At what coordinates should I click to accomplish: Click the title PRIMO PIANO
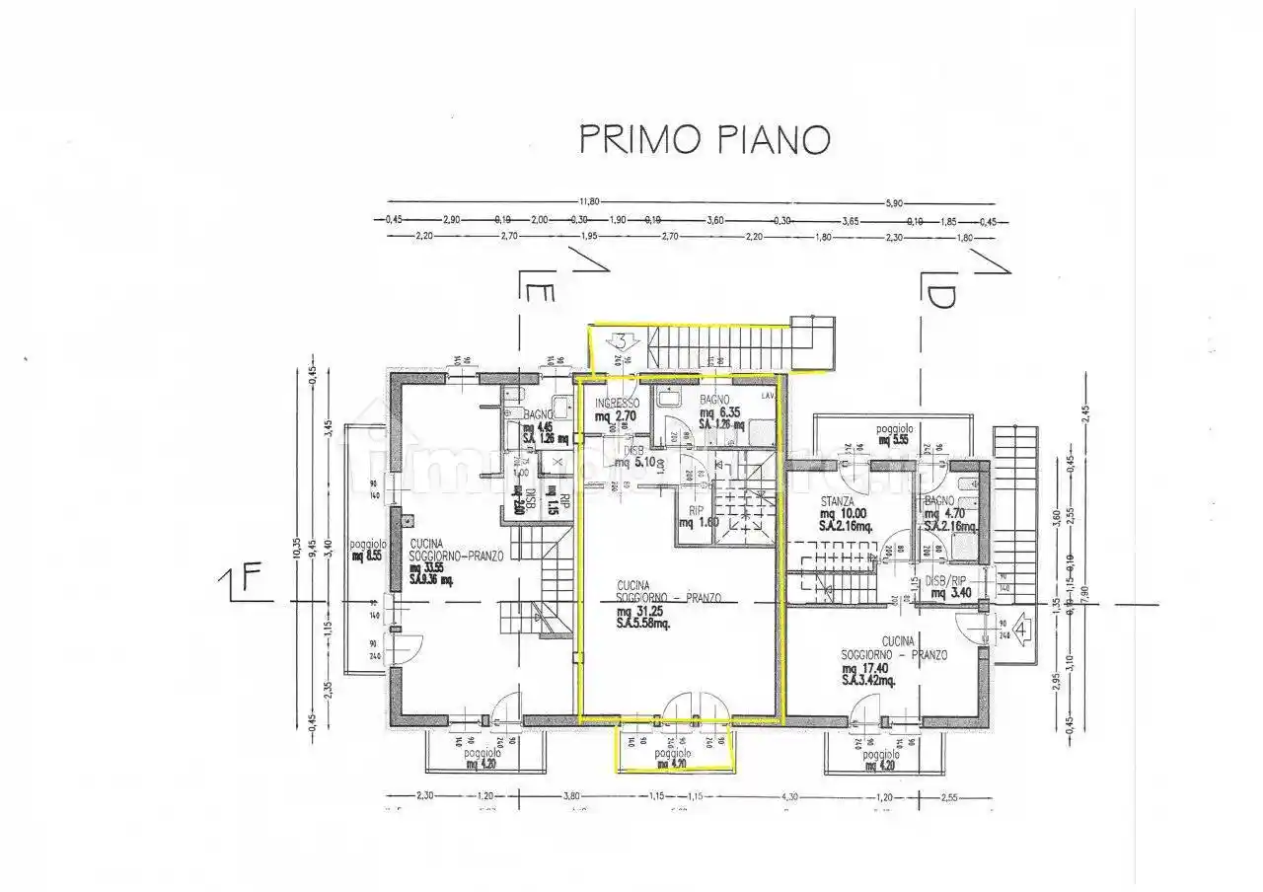pyautogui.click(x=703, y=139)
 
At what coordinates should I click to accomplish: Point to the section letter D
pyautogui.click(x=938, y=295)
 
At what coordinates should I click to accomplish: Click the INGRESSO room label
pyautogui.click(x=617, y=403)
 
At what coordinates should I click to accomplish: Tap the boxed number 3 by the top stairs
pyautogui.click(x=623, y=342)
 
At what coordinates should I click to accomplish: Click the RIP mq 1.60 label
pyautogui.click(x=695, y=516)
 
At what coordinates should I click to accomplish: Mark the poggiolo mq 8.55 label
pyautogui.click(x=367, y=549)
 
